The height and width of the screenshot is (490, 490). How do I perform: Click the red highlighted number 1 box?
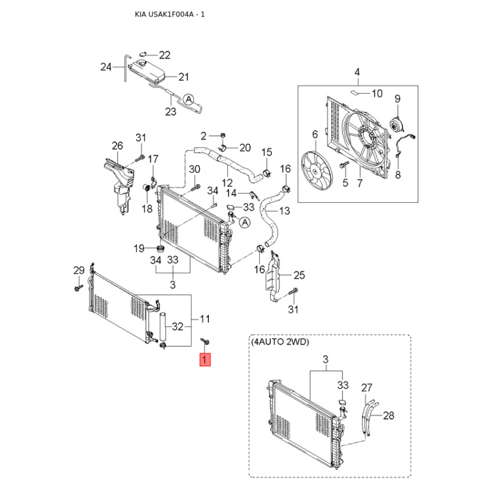(x=205, y=361)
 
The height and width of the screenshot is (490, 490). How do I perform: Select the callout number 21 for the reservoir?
(x=183, y=77)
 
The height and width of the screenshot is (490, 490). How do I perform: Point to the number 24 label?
(x=105, y=67)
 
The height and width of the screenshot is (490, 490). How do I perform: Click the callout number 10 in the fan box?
(x=377, y=94)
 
